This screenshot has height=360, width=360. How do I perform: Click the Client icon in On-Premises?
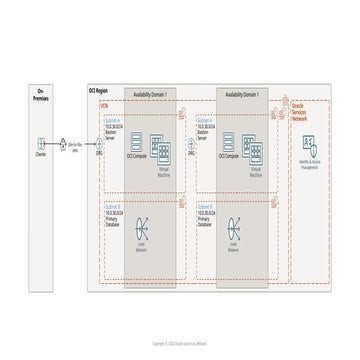[40, 143]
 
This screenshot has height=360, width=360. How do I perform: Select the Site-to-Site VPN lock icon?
[66, 143]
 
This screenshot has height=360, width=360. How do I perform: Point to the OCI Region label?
[96, 90]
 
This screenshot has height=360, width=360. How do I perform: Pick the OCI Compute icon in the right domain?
[231, 142]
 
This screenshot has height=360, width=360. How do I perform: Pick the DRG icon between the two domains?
[190, 143]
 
